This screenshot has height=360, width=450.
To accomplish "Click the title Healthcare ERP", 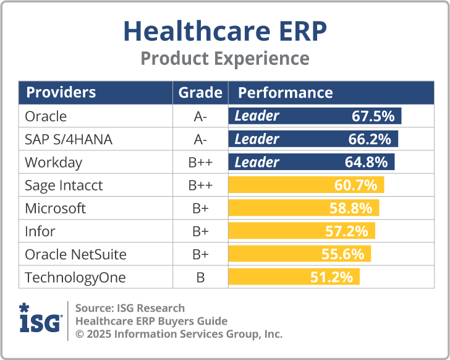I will point(224,30).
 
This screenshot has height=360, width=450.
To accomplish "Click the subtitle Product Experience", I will point(224,58).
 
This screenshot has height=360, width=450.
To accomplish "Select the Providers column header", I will point(61,93).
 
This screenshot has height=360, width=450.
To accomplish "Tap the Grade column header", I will point(200,93).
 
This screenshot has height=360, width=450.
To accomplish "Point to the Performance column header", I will point(285,93).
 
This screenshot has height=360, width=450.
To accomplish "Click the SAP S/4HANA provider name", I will point(69,139).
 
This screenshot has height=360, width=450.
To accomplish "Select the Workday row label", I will point(53,163).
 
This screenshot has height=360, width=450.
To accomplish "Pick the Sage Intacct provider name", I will point(64,186).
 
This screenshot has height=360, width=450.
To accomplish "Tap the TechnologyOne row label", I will point(75,278).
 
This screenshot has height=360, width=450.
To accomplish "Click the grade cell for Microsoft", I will point(200,208).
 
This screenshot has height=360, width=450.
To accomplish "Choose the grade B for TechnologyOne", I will point(200,278).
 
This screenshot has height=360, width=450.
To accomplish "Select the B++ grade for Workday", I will point(200,163).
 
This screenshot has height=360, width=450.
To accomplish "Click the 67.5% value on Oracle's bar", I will point(373,116).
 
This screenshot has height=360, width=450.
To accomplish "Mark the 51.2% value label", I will point(331,277).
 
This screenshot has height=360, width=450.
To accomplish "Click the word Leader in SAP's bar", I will point(257,139).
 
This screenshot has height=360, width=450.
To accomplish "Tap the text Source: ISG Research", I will point(130,308).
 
